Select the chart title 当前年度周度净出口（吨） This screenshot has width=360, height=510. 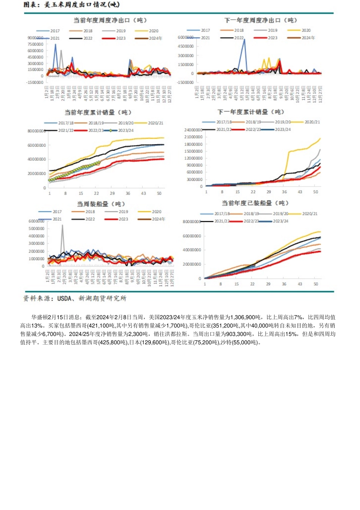pos(110,20)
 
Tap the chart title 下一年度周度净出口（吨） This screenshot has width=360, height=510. pos(261,20)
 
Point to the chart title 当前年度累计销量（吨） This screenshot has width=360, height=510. pos(98,113)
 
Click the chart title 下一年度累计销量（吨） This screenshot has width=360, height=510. pos(250,112)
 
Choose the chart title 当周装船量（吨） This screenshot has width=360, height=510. pos(101,204)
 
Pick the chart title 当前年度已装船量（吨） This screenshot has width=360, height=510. pos(255,203)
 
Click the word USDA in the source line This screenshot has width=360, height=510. pos(64,298)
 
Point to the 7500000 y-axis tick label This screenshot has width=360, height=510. pos(35,44)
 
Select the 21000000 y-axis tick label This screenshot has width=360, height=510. pos(193,137)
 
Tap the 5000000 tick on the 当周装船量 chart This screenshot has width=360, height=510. pos(36,229)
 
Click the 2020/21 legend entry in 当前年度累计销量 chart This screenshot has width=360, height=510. pos(155,123)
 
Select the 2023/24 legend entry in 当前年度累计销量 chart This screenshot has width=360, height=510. pos(126,130)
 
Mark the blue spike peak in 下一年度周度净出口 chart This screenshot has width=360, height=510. pos(244,39)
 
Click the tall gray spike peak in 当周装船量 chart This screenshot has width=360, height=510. pos(63,225)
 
